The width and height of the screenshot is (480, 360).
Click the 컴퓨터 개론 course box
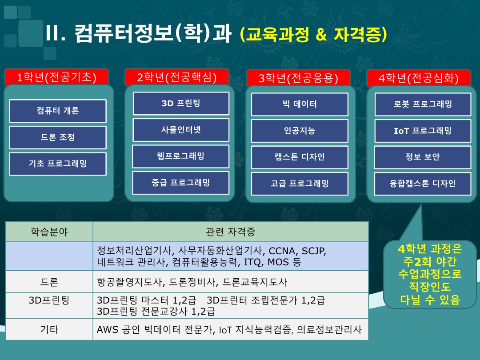58,111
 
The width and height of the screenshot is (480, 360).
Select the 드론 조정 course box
58,137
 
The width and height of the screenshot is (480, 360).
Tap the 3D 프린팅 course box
181,104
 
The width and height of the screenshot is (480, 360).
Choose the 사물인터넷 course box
181,130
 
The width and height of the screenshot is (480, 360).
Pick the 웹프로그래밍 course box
180,156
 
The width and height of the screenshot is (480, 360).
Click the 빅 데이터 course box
300,104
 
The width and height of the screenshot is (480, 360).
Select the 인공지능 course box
300,131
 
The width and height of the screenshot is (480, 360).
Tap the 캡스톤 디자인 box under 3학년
300,157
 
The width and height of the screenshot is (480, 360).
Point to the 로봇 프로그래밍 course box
423,104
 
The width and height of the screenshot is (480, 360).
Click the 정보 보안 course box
423,157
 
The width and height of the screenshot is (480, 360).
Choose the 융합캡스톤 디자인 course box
423,184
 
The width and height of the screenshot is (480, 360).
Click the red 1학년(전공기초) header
56,77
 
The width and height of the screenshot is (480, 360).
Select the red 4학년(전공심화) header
419,78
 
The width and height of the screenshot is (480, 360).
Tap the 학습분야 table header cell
49,232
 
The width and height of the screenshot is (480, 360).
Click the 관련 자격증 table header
231,232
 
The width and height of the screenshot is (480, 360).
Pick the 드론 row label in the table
49,282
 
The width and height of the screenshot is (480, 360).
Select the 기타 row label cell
49,329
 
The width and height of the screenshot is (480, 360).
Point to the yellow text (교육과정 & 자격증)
313,34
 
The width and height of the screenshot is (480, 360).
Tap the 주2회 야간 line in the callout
430,262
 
